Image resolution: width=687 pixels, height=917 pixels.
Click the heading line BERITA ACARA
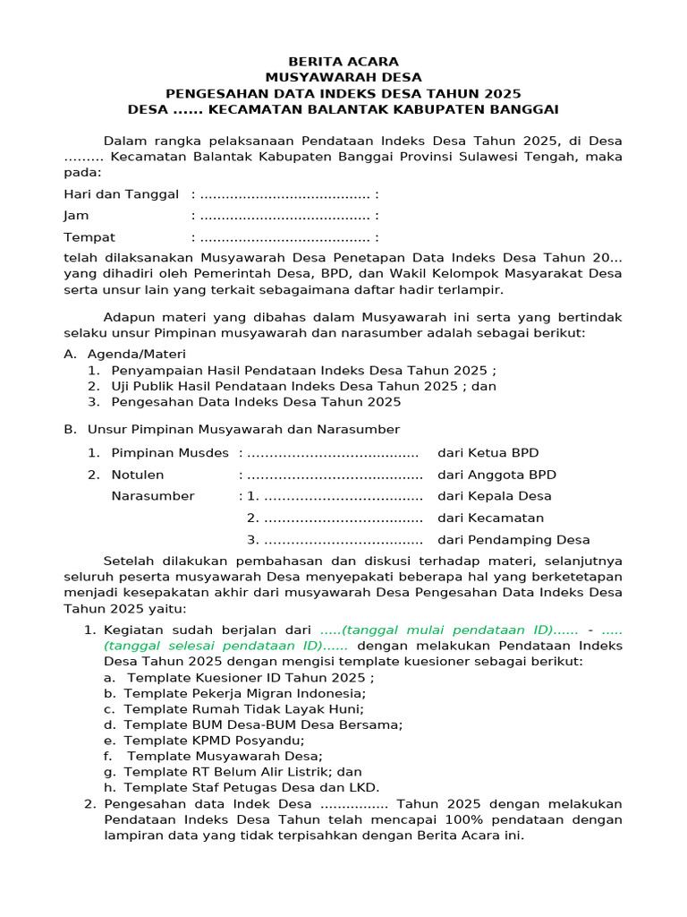point(343,62)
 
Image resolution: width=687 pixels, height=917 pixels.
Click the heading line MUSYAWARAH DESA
point(343,78)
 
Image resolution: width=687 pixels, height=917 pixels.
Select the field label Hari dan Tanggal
point(122,194)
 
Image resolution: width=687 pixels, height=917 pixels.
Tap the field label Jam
point(76,216)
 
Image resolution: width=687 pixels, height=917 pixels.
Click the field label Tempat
point(89,237)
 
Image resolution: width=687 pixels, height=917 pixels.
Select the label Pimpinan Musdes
point(170,453)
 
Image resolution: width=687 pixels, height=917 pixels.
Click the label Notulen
point(137,475)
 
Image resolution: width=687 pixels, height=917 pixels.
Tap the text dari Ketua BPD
point(488,453)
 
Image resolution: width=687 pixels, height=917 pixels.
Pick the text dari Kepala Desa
point(495,496)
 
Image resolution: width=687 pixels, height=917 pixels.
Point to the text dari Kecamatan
point(490,518)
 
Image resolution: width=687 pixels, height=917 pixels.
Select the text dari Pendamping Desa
point(513,539)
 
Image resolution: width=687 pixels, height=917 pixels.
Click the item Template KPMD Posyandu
point(214,740)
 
